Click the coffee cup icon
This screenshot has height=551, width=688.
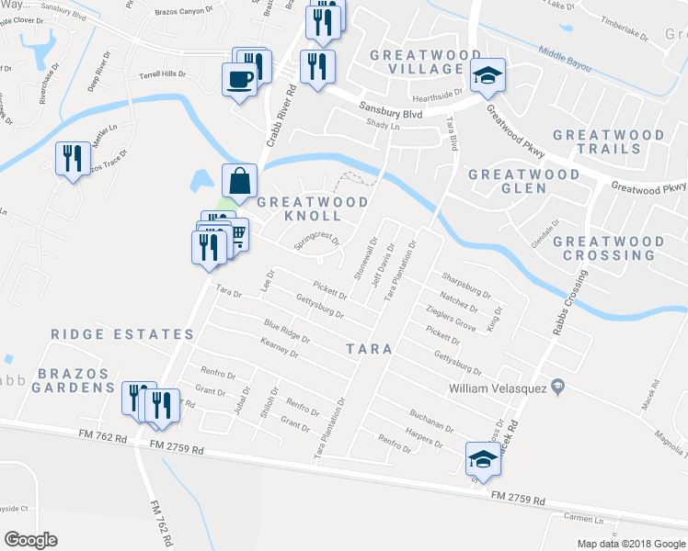tap(240, 78)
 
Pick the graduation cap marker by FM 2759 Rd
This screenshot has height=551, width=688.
tap(482, 457)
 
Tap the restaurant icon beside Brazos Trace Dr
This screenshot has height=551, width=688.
tap(71, 159)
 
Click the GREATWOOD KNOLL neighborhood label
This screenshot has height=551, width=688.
tap(313, 208)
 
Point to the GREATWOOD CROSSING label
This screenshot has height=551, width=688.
tap(608, 248)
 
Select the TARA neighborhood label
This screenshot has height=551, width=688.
tap(369, 349)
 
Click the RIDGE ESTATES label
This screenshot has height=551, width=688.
tap(122, 335)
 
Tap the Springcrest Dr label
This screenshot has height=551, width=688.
tap(317, 242)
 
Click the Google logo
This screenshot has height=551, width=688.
tap(30, 540)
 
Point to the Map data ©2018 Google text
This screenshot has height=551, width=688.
tap(630, 544)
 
